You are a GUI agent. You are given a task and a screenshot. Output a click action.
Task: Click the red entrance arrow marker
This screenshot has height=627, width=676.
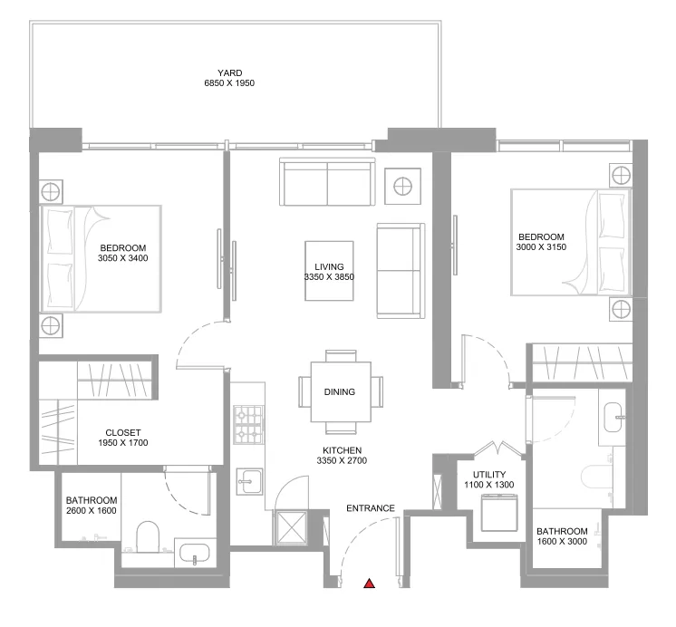tap(370, 584)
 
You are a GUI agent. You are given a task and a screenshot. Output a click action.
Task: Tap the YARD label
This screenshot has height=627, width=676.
tap(229, 73)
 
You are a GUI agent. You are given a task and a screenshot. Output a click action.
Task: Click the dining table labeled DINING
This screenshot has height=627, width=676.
tap(340, 392)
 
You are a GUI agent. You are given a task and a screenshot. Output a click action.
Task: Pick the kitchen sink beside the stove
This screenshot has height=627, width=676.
tap(250, 482)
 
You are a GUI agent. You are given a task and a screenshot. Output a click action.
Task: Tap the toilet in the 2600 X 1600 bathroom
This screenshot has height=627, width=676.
tap(146, 536)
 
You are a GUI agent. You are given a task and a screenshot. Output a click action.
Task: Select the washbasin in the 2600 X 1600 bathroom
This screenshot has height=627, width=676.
tap(193, 552)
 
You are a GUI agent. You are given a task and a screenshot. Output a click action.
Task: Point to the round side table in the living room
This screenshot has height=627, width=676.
tap(402, 186)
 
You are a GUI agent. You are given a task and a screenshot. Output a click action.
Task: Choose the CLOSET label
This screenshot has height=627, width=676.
tap(122, 432)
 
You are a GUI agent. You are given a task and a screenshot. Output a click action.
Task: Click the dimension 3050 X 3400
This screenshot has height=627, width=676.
tap(122, 258)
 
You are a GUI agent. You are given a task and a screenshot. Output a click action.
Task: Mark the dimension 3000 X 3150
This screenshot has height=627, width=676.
tap(541, 246)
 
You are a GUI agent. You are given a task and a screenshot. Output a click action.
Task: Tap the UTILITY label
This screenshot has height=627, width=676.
tap(489, 474)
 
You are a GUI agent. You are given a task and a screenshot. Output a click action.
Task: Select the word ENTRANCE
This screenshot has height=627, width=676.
tap(370, 508)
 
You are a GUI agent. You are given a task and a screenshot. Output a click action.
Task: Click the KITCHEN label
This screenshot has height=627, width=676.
tap(342, 450)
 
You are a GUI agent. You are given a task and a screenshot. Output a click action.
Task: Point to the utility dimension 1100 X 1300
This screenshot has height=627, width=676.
tap(489, 485)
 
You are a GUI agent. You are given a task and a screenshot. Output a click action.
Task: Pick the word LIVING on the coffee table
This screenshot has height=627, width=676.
tap(329, 266)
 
